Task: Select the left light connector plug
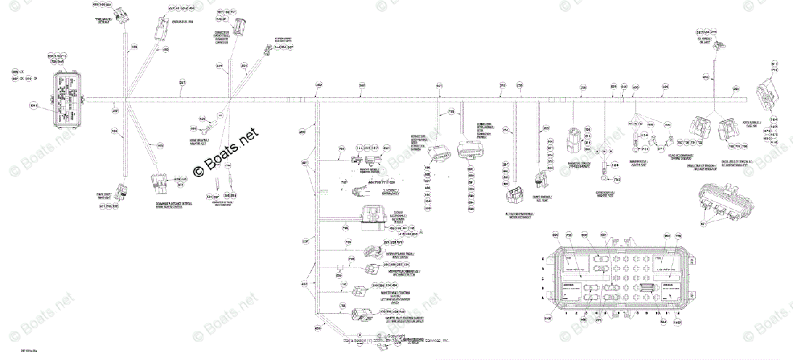click(x=120, y=192)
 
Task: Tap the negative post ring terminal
click(x=603, y=176)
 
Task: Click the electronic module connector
click(x=375, y=216)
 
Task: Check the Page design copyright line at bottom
click(x=397, y=340)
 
